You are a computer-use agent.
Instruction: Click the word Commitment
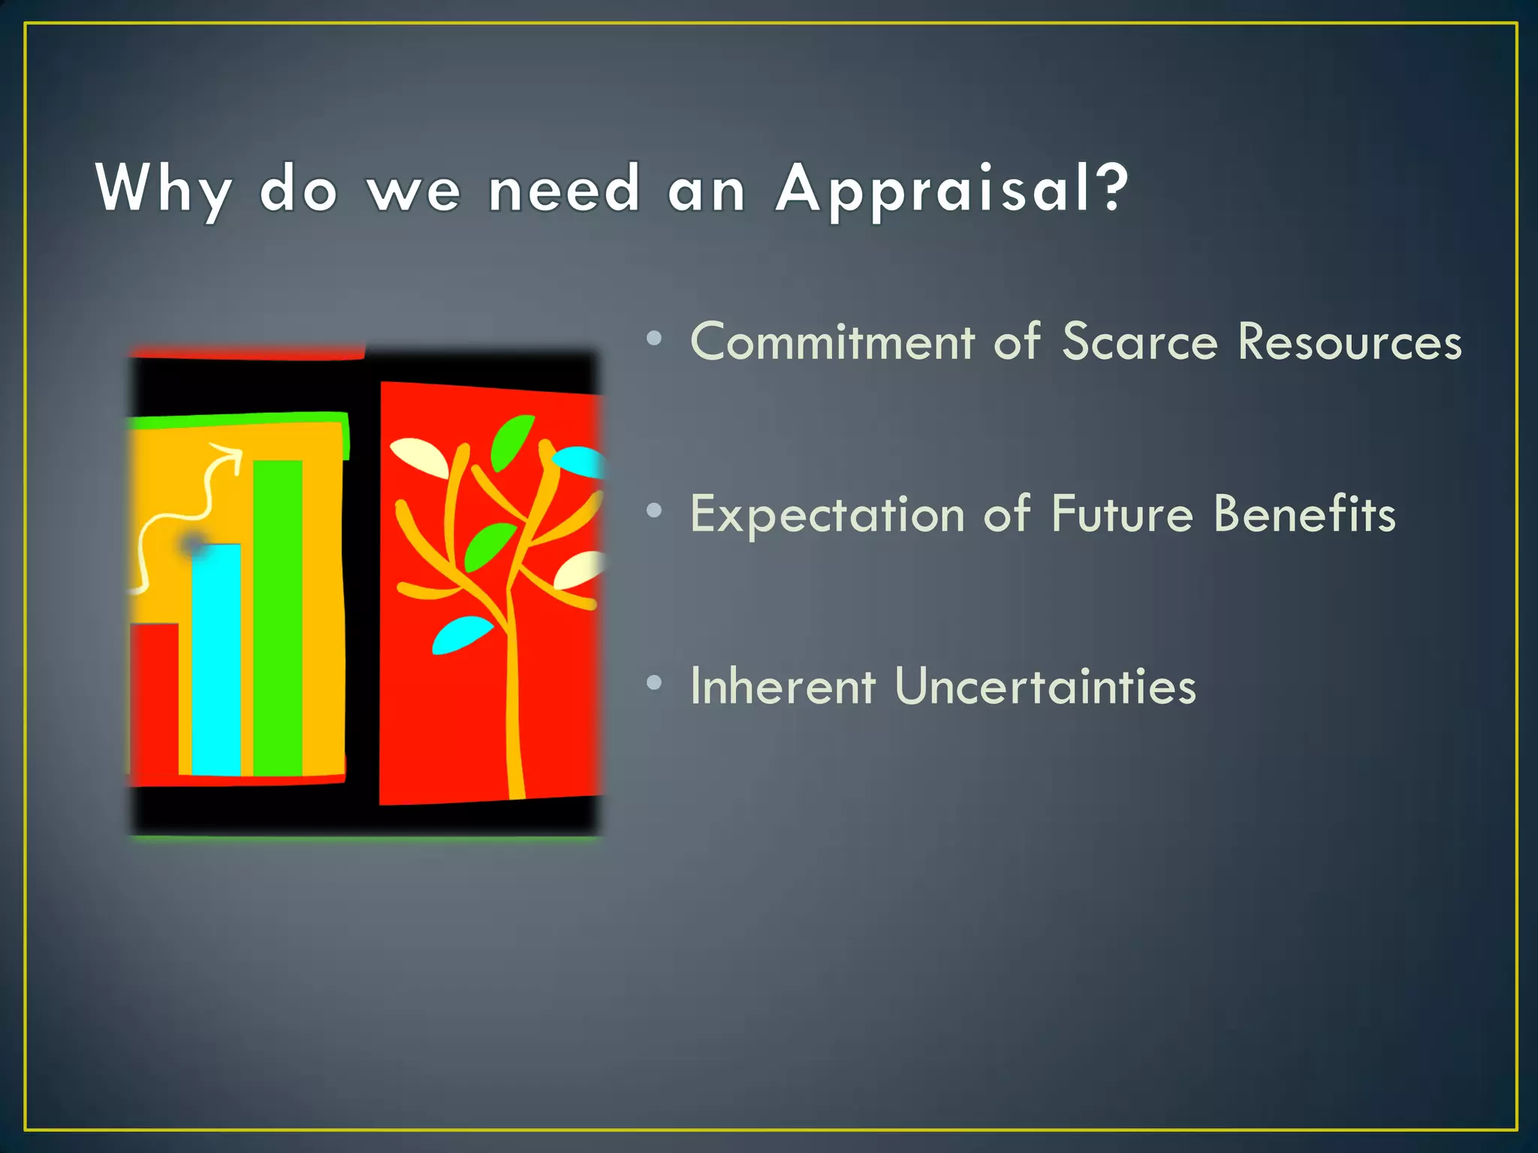(832, 342)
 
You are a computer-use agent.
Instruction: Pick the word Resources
(1350, 342)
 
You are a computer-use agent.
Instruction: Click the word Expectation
(827, 515)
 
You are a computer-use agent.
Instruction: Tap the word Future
(1122, 515)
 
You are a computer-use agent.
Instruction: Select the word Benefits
(1304, 515)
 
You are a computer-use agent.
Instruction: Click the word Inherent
(783, 686)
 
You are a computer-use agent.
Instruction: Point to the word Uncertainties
(1045, 686)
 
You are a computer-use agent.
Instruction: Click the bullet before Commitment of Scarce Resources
(654, 339)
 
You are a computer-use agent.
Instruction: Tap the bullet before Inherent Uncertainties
(654, 682)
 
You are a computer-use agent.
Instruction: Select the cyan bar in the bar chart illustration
(216, 661)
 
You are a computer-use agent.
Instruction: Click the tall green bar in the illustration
(278, 616)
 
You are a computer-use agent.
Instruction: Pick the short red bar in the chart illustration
(155, 702)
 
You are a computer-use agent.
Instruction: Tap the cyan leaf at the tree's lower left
(461, 635)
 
